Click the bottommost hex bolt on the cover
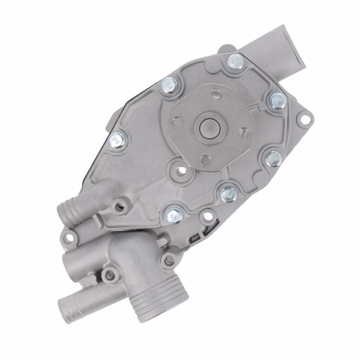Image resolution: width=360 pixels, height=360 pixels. point(172,214)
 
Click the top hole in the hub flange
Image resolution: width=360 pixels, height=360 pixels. point(216,94)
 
